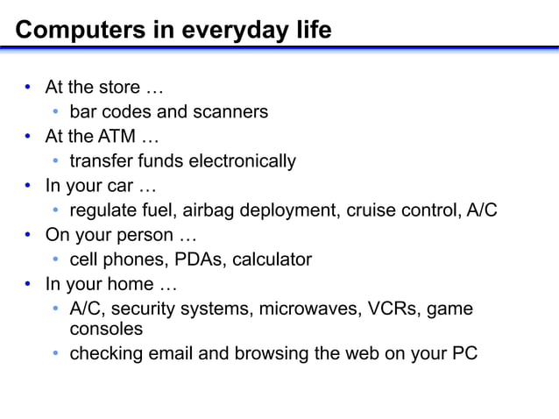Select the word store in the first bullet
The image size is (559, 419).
pos(121,88)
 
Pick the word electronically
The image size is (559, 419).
pos(237,161)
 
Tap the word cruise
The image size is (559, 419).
pos(374,210)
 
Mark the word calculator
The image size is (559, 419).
pos(272,259)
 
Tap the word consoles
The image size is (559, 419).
pos(106,329)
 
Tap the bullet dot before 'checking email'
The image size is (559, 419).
pos(55,354)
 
